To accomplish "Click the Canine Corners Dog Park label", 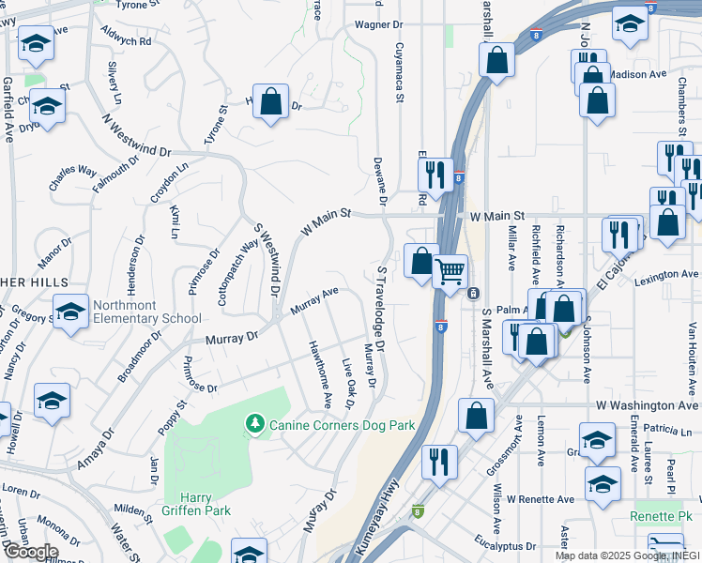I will click(343, 425).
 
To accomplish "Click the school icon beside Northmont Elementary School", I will click(70, 312).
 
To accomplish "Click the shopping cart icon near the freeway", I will click(451, 271).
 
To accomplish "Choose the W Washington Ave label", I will click(648, 405).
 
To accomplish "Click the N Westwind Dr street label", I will click(138, 137).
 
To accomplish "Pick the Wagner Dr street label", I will click(377, 25).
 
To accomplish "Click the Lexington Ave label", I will click(668, 276).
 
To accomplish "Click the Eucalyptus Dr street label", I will click(506, 545).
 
